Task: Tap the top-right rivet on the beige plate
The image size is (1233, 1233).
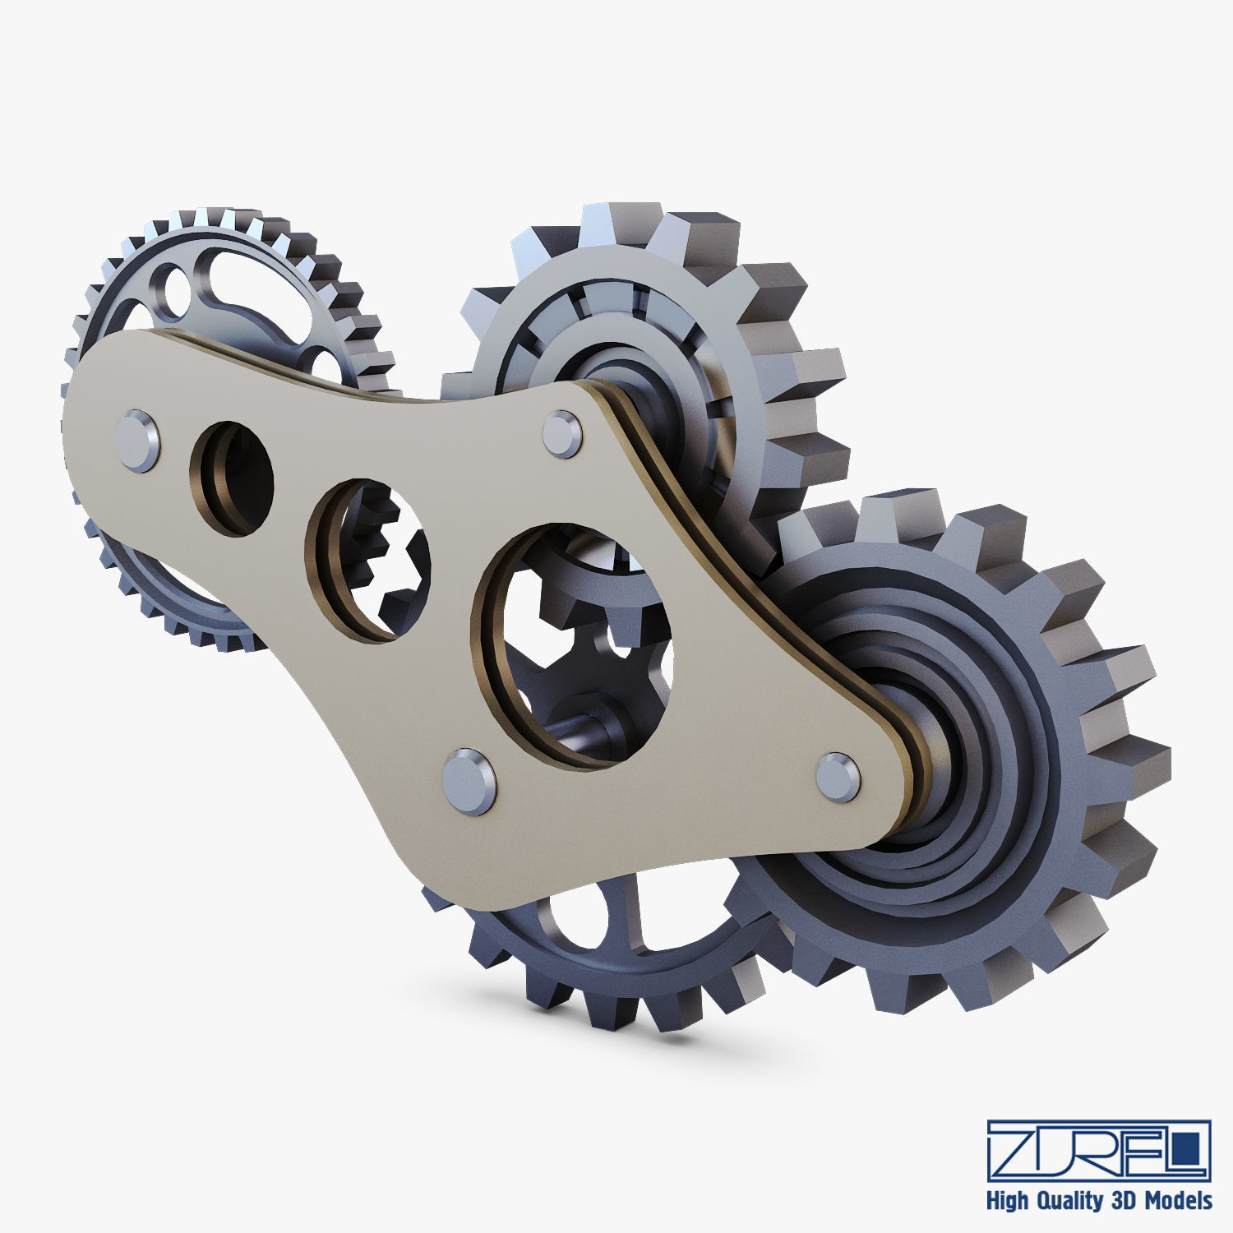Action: pyautogui.click(x=562, y=433)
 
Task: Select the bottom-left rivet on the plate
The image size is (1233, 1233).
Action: pyautogui.click(x=469, y=781)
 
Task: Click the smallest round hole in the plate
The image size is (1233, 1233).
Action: pyautogui.click(x=233, y=479)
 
